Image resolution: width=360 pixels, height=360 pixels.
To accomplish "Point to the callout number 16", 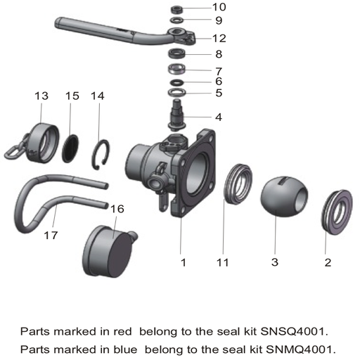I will [x=117, y=209].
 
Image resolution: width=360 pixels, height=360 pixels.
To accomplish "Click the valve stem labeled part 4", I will [x=178, y=112].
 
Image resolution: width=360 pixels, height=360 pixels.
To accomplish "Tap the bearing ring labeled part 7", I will [x=178, y=71].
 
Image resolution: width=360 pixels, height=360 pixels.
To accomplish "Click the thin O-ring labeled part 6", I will [x=178, y=83].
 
